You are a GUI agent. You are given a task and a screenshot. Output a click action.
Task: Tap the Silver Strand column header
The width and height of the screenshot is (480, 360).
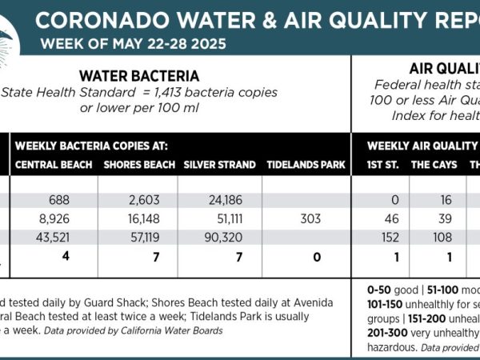click(219, 165)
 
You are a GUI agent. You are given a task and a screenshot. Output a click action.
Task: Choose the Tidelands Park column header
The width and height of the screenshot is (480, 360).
click(306, 165)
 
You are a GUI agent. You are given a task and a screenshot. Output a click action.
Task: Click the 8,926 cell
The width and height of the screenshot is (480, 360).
click(57, 218)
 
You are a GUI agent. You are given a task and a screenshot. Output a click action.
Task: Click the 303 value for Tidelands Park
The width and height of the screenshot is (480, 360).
click(311, 218)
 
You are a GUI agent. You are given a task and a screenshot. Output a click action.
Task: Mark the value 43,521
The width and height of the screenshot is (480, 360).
click(55, 238)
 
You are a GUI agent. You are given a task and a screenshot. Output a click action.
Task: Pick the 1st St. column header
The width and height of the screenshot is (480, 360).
click(381, 165)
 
